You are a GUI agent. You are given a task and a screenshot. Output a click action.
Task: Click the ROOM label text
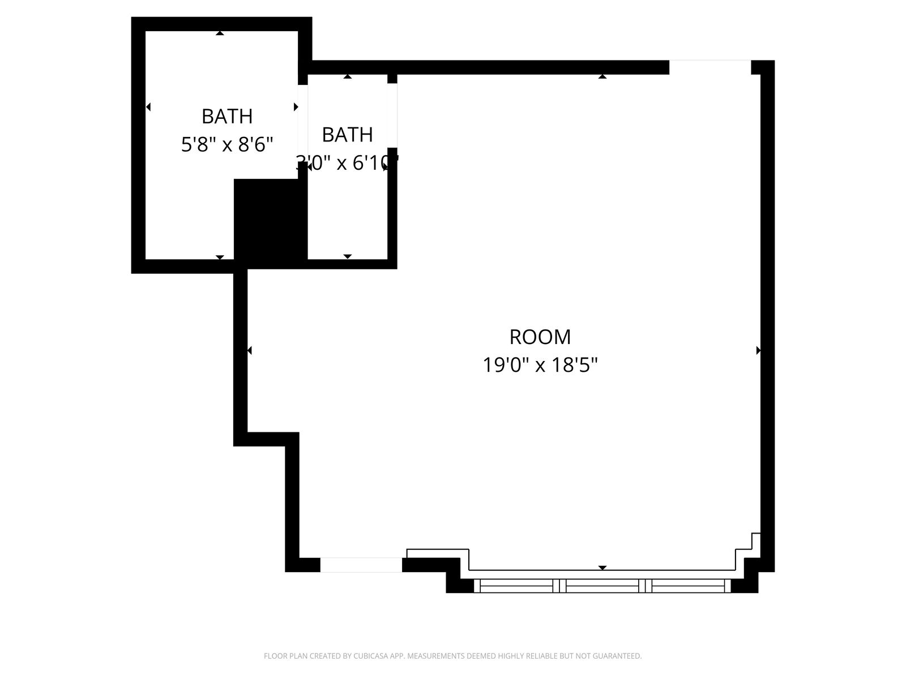(x=540, y=337)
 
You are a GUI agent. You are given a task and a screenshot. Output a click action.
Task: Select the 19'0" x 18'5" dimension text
(x=540, y=365)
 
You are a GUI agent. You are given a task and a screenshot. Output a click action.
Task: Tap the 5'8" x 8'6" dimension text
(x=227, y=145)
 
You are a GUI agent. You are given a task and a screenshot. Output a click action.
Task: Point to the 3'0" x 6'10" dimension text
(x=347, y=163)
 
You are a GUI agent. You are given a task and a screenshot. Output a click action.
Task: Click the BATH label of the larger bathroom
(x=227, y=116)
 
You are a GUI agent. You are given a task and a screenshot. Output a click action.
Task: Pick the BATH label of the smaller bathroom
(x=347, y=135)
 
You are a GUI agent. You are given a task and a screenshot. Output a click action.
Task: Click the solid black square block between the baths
(x=270, y=221)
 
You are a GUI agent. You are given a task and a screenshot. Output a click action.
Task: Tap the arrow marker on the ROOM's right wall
(x=758, y=351)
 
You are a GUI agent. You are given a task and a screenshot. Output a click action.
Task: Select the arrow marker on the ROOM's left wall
(x=249, y=351)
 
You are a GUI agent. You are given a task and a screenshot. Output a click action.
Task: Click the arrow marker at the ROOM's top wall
(x=602, y=76)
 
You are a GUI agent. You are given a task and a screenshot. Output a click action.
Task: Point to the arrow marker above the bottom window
(x=602, y=568)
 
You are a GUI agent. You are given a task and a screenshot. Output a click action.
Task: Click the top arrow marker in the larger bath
(x=220, y=33)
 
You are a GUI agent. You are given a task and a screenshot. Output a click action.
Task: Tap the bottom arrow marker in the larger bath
(x=220, y=257)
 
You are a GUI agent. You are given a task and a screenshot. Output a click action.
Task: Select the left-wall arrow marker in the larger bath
(x=148, y=107)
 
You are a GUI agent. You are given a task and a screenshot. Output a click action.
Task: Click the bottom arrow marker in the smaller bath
(x=348, y=257)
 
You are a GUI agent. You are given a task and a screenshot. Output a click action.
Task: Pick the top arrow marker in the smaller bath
(x=348, y=76)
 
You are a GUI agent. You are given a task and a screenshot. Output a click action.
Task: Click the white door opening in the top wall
(x=710, y=67)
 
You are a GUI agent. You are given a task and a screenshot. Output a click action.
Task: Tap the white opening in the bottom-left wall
(x=361, y=565)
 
